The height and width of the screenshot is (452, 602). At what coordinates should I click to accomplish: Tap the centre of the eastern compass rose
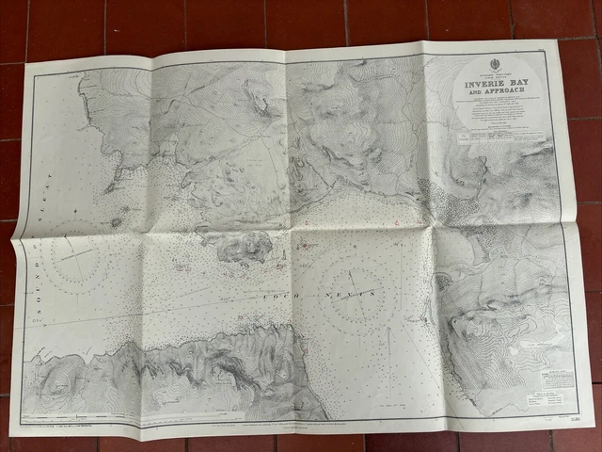point(351,282)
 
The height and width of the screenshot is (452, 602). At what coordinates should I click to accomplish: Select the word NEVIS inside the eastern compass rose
point(356,295)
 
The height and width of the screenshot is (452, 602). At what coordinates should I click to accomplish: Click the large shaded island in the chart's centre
point(246,248)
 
